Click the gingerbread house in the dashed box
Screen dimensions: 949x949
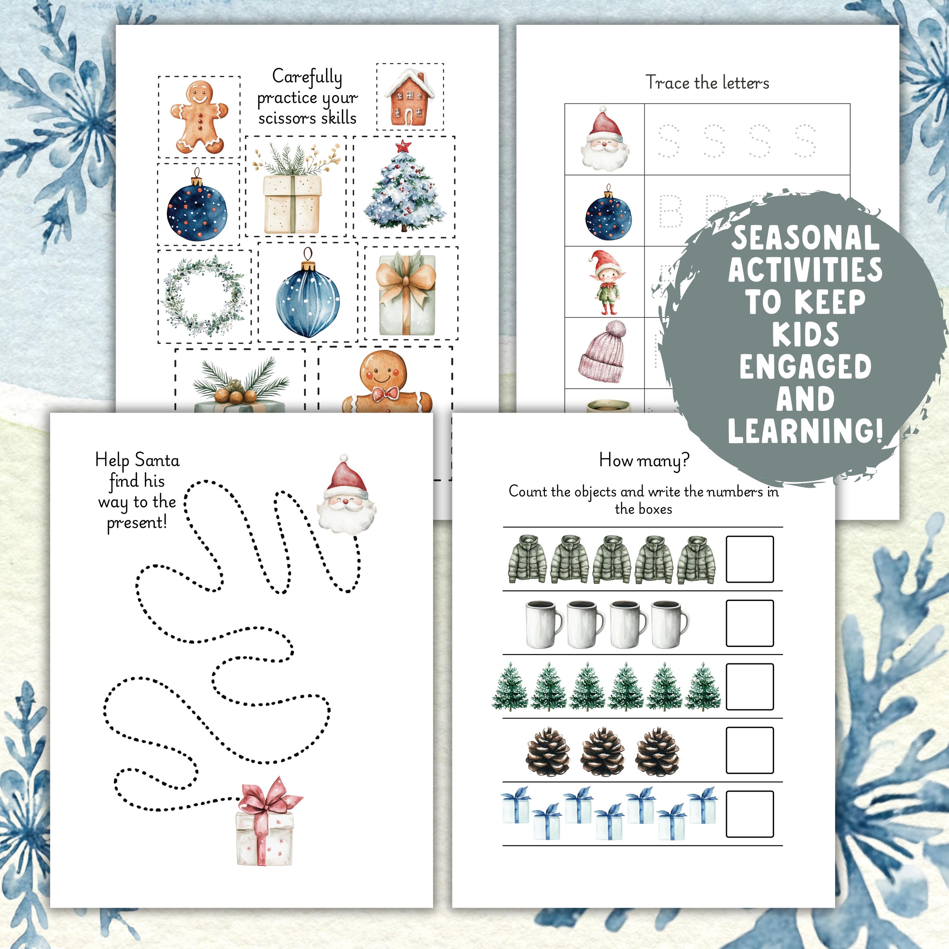tap(410, 97)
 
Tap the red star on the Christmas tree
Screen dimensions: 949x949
tap(403, 146)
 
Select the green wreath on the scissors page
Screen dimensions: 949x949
tap(204, 296)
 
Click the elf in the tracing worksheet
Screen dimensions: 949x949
tap(606, 282)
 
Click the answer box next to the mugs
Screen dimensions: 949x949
tap(750, 623)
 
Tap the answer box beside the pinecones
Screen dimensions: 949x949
tap(750, 751)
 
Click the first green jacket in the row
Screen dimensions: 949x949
tap(527, 560)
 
